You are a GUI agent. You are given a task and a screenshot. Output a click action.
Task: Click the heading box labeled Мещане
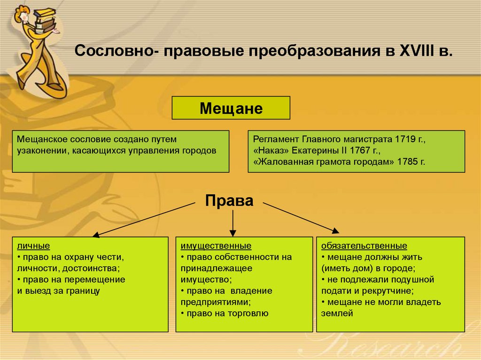(231, 108)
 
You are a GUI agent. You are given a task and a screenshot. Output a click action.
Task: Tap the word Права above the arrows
(229, 201)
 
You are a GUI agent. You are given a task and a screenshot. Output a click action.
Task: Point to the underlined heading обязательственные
(364, 246)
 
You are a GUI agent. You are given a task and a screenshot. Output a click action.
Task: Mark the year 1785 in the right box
(406, 162)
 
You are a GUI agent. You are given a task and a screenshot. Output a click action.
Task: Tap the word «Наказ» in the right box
(271, 151)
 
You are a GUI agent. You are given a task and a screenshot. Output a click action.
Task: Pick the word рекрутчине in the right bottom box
(388, 291)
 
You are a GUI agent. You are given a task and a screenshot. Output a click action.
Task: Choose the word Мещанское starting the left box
(42, 139)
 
